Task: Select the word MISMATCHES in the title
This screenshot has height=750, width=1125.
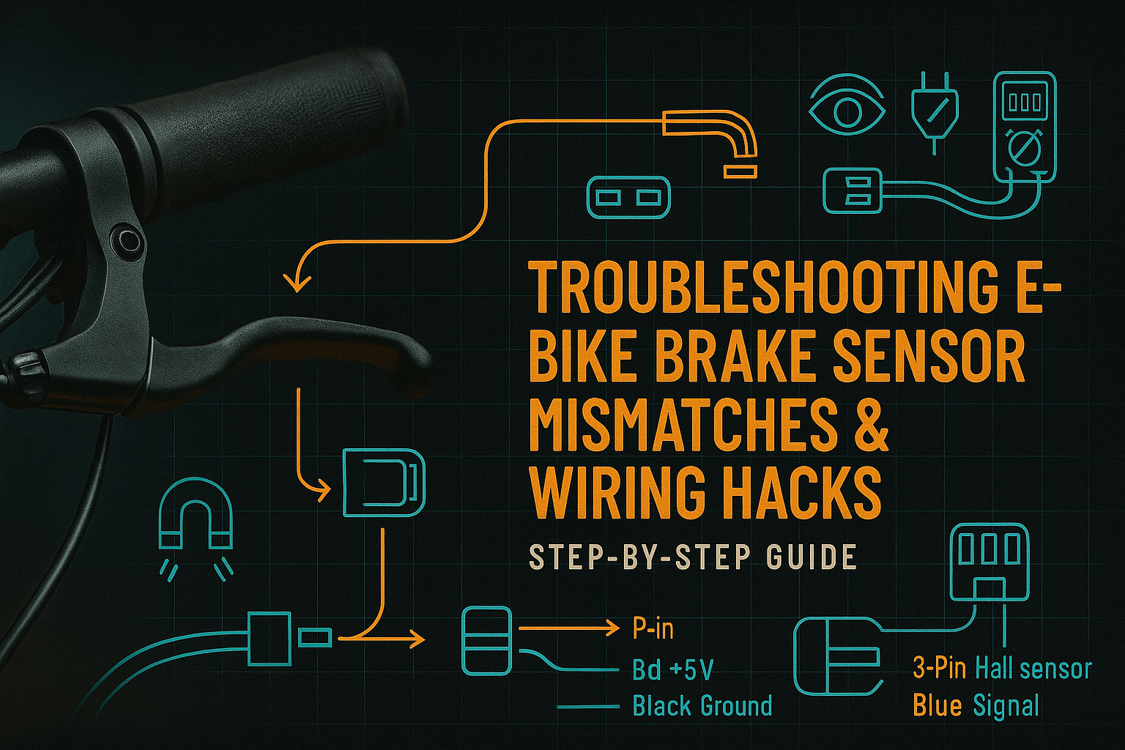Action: (x=683, y=426)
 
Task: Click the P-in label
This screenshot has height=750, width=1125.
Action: (x=652, y=628)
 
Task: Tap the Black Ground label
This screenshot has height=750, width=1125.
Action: (x=702, y=706)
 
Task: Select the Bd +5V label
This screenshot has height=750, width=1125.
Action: (x=672, y=669)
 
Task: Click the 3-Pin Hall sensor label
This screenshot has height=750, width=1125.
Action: (x=1002, y=668)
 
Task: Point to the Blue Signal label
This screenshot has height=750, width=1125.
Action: (x=976, y=706)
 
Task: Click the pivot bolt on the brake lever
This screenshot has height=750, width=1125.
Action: (x=126, y=240)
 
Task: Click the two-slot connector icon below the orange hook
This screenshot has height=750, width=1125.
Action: (x=628, y=197)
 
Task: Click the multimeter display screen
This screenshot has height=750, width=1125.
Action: (x=1024, y=102)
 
